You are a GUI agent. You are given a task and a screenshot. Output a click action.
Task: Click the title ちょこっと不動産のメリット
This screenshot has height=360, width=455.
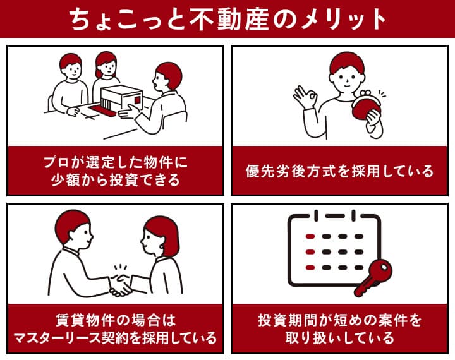pyautogui.click(x=227, y=19)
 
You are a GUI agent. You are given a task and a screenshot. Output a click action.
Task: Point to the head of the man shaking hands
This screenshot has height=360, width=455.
pyautogui.click(x=73, y=229)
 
